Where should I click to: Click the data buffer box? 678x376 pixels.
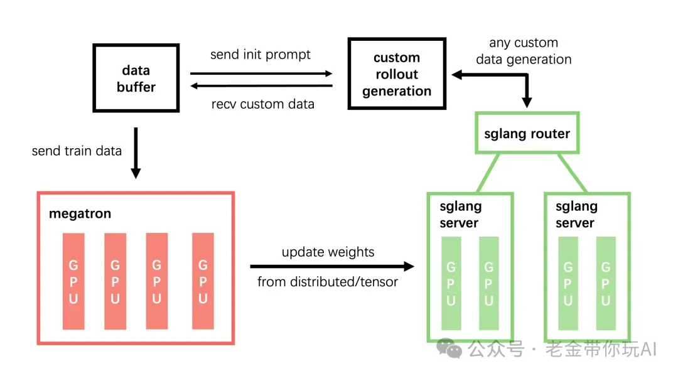[136, 78]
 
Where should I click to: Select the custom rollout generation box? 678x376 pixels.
[397, 73]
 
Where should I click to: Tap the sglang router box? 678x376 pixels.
[527, 133]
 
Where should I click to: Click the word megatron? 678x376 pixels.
[80, 214]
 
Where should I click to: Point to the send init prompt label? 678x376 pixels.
[261, 55]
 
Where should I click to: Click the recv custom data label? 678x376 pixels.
[262, 104]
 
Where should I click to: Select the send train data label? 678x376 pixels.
[77, 151]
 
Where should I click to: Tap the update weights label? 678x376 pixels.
[328, 252]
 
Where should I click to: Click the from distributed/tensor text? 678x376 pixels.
[327, 282]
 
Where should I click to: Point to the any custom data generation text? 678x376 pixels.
[524, 51]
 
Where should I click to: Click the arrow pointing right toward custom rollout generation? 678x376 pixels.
[261, 74]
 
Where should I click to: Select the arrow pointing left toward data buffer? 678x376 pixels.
[261, 86]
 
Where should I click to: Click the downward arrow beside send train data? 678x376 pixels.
[136, 153]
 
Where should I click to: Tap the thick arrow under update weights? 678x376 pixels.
[332, 266]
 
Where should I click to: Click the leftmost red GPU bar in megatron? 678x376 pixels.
[73, 281]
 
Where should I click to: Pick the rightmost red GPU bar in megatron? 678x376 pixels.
[203, 281]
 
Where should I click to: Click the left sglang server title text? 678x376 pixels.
[461, 215]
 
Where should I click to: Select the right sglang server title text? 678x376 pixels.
[576, 215]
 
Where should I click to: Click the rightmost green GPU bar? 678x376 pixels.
[606, 284]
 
